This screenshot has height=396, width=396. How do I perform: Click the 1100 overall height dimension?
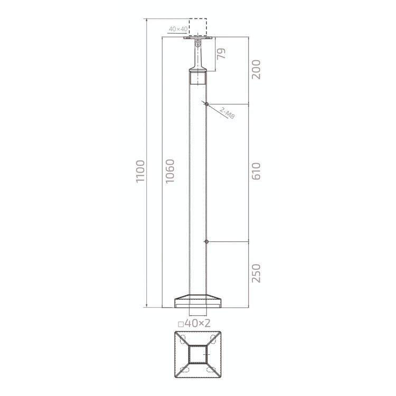pyautogui.click(x=140, y=171)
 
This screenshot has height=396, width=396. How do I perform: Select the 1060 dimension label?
pyautogui.click(x=170, y=171)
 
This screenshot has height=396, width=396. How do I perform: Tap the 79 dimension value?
pyautogui.click(x=221, y=54)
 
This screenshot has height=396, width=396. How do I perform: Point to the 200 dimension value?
pyautogui.click(x=256, y=70)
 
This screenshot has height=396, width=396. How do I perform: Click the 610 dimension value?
pyautogui.click(x=256, y=171)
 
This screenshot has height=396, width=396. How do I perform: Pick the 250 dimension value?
pyautogui.click(x=256, y=274)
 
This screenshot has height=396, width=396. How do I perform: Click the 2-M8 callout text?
pyautogui.click(x=227, y=113)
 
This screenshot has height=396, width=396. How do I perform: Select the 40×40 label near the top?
pyautogui.click(x=178, y=29)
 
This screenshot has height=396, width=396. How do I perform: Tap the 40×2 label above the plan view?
pyautogui.click(x=197, y=323)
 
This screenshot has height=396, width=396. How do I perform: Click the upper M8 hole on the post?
pyautogui.click(x=206, y=104)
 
